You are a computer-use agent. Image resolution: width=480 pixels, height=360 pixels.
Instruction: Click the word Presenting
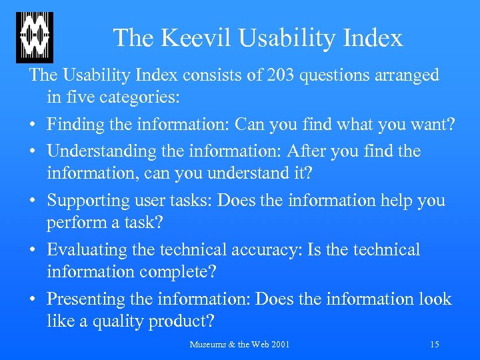click(87, 299)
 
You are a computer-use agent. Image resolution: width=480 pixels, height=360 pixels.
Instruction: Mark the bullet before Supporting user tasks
click(33, 201)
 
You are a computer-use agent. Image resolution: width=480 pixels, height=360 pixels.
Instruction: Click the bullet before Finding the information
click(33, 125)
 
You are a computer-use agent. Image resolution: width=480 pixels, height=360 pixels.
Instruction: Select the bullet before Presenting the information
click(33, 300)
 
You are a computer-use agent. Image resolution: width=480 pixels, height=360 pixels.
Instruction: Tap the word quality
click(123, 321)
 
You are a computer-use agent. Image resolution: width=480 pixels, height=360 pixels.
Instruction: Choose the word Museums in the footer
click(209, 345)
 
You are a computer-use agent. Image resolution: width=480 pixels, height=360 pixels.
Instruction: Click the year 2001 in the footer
click(280, 345)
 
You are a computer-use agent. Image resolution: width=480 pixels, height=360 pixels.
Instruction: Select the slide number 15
click(434, 345)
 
